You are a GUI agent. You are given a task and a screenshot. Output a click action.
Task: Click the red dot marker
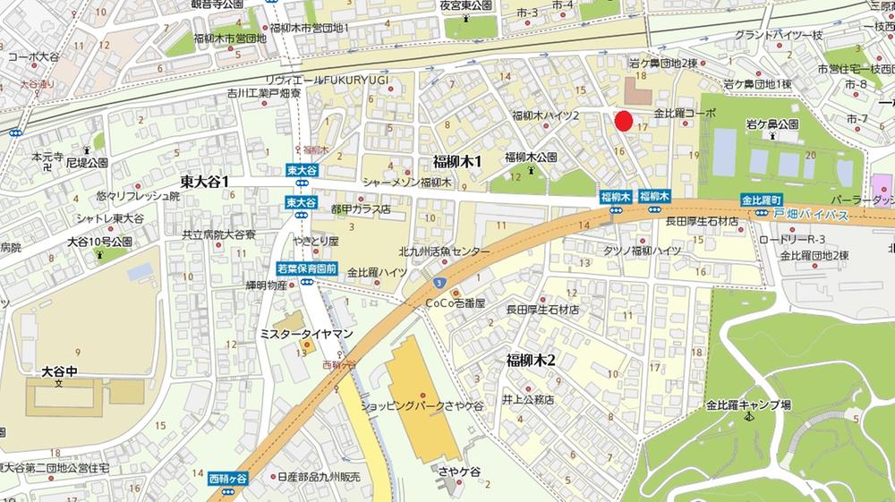(624, 121)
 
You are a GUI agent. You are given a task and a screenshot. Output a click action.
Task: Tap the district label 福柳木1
(457, 162)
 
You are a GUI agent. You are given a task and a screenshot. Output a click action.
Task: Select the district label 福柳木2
(532, 361)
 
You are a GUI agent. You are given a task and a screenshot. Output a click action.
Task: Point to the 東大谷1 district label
(205, 182)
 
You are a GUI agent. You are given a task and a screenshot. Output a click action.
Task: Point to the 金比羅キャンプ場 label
(748, 404)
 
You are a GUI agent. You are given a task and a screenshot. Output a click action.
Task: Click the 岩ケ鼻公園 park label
(772, 123)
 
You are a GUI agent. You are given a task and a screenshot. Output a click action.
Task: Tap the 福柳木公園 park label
(531, 157)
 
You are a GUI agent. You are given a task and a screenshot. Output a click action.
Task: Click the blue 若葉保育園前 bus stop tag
(306, 268)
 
